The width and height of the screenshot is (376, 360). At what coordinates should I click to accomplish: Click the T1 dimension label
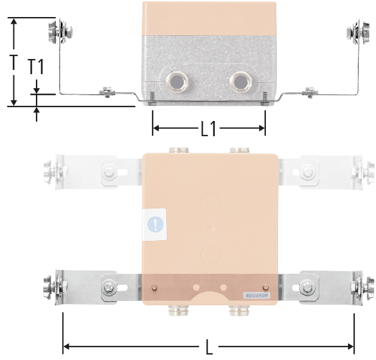click(36, 67)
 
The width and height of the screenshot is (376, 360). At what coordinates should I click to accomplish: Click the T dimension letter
click(14, 62)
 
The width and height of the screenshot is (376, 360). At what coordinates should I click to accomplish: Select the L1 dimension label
click(208, 129)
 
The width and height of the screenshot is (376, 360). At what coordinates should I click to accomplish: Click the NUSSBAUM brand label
click(257, 296)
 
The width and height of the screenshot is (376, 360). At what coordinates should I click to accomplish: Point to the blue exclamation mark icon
click(155, 224)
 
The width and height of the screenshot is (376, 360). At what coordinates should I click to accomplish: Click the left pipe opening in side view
click(177, 82)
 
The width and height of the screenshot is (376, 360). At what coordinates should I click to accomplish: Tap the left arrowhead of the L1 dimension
click(156, 128)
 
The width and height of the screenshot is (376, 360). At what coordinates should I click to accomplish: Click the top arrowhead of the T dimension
click(14, 21)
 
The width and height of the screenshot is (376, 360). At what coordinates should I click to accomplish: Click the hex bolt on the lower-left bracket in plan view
click(109, 287)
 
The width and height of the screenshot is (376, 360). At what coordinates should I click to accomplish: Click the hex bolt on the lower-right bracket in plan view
click(307, 287)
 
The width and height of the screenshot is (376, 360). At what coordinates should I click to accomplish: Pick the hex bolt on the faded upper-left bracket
click(109, 172)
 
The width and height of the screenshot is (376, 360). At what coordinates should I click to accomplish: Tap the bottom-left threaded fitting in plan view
click(178, 310)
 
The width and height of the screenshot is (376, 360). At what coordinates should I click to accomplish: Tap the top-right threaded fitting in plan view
click(239, 150)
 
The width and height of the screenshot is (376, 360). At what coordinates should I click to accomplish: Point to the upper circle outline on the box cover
click(210, 203)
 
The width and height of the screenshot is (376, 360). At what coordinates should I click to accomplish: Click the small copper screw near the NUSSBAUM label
click(265, 288)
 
